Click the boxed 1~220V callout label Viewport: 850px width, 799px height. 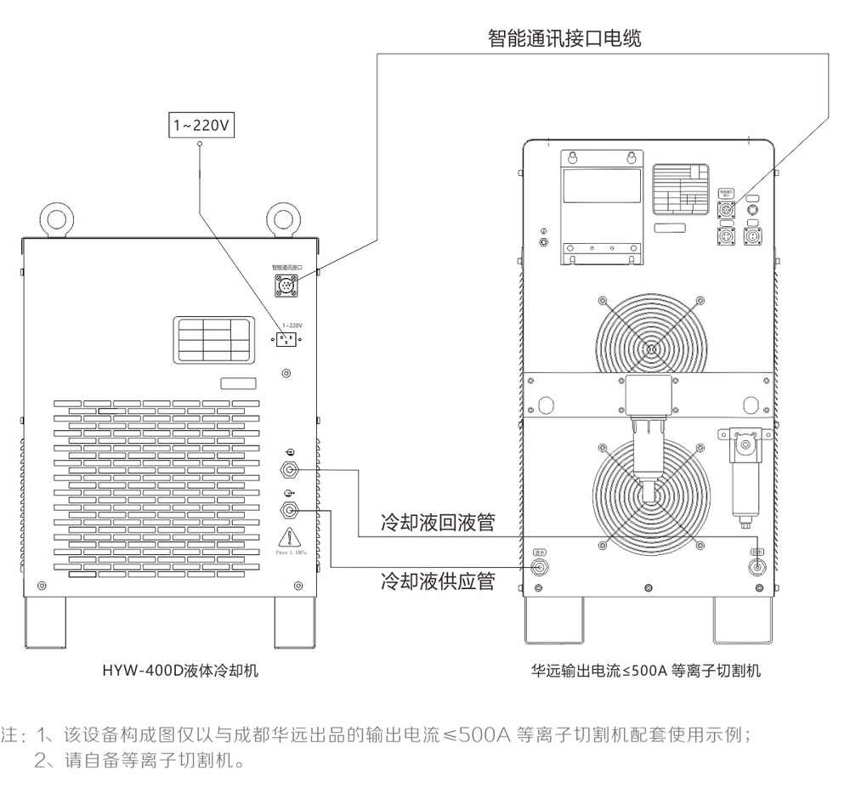tap(201, 126)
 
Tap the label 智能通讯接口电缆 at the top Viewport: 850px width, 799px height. tap(564, 38)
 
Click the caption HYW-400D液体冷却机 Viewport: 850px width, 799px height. tap(180, 671)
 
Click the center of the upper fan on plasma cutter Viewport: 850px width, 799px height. tap(651, 347)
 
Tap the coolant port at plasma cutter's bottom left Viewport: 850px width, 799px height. tap(539, 566)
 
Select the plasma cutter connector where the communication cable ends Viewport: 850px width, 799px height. tap(727, 210)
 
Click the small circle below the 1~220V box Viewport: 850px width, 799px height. tap(200, 145)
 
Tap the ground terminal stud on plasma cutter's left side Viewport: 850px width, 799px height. tap(544, 241)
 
